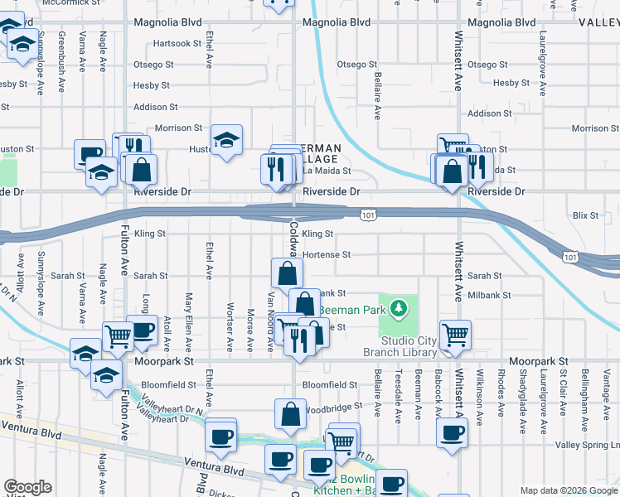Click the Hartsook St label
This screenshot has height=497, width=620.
(177, 43)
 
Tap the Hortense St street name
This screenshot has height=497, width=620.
(326, 255)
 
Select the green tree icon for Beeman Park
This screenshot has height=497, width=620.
(400, 309)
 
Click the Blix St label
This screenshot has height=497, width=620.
(584, 215)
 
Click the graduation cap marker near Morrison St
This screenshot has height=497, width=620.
(225, 141)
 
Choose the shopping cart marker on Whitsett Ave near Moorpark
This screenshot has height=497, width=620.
(455, 335)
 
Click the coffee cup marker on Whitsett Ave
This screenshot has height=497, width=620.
(452, 433)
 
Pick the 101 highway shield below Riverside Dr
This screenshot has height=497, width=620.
(366, 215)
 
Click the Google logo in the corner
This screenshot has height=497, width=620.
(28, 487)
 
